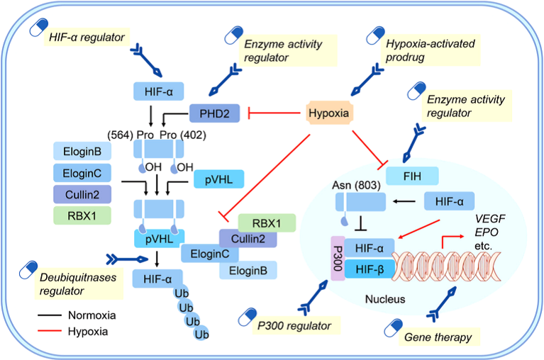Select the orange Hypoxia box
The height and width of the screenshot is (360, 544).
tap(332, 113)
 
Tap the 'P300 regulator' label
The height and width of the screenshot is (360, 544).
tap(296, 326)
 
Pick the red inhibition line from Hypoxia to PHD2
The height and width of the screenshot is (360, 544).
tap(276, 112)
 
